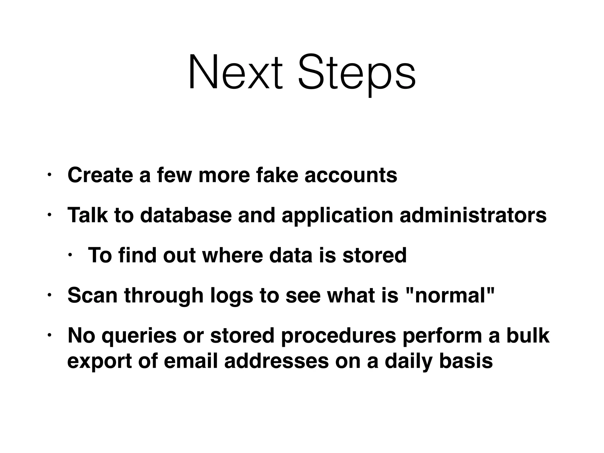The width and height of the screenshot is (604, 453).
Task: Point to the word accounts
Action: point(351,175)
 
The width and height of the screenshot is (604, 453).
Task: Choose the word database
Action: point(186,215)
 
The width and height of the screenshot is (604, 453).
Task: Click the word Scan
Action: point(93,295)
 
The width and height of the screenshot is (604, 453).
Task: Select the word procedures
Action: point(338,337)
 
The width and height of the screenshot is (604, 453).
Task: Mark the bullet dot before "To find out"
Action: point(70,255)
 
